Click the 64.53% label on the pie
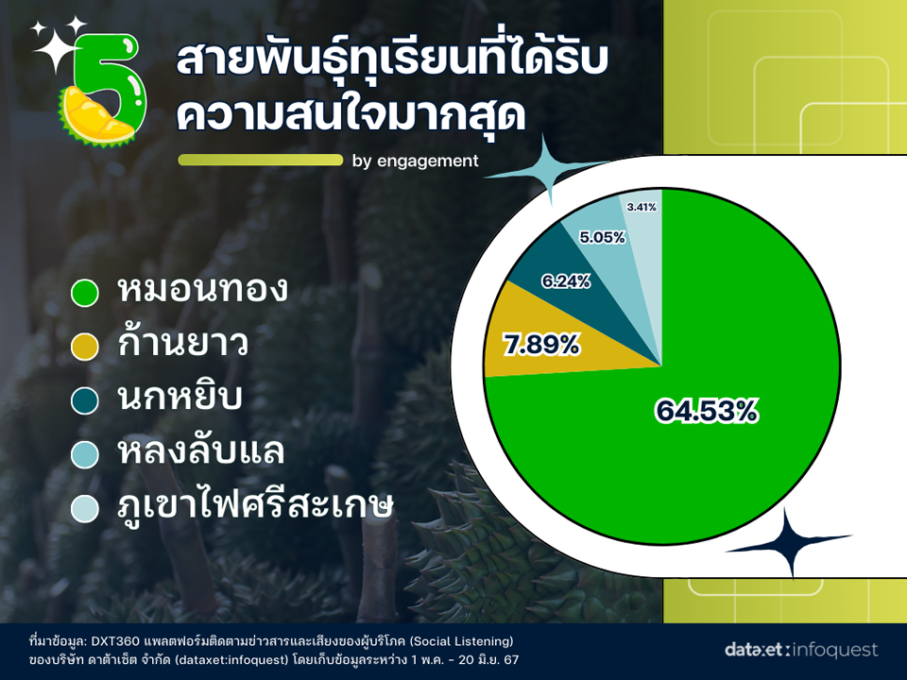[x=707, y=411]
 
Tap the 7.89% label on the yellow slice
[x=541, y=346]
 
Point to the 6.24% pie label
[x=566, y=281]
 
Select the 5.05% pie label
[x=602, y=237]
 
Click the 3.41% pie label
[x=642, y=207]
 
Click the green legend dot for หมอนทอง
[x=84, y=293]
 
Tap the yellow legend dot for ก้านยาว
[x=84, y=347]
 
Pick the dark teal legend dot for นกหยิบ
[x=84, y=400]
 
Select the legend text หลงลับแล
[x=200, y=451]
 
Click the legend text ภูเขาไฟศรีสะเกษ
[x=255, y=504]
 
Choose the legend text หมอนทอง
[x=202, y=289]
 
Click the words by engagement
[x=416, y=161]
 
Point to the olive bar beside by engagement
[x=261, y=160]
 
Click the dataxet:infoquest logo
[x=801, y=650]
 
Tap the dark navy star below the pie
[x=789, y=541]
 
